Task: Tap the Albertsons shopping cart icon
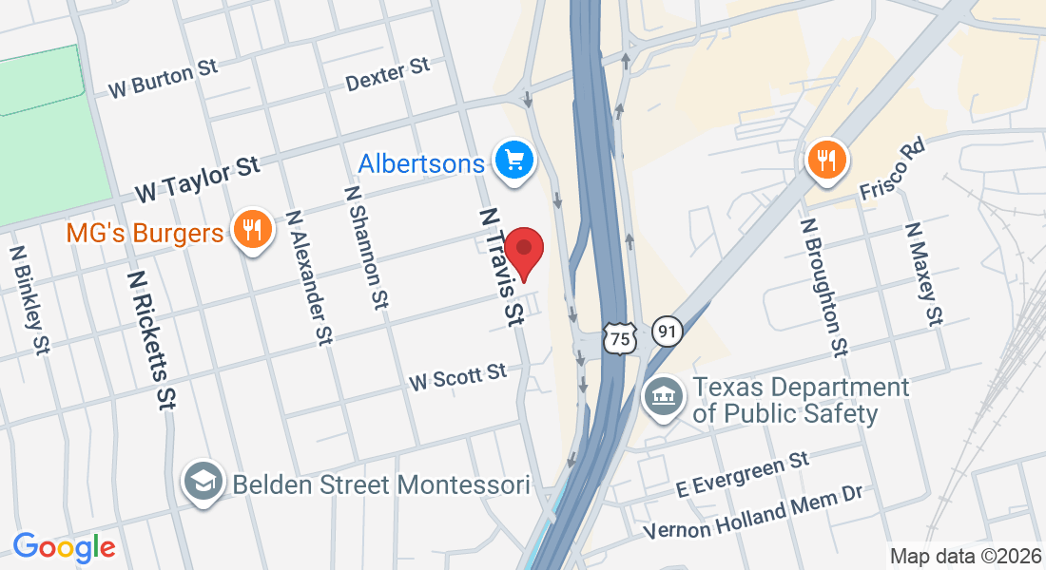click(515, 160)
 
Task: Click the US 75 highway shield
click(620, 337)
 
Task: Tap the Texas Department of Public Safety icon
click(662, 396)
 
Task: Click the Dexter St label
click(388, 75)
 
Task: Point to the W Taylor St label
click(197, 180)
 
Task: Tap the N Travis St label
click(502, 268)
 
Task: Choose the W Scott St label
click(458, 376)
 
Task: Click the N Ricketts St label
click(152, 338)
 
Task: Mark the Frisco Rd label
click(891, 168)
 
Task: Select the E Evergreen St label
click(743, 475)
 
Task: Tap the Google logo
click(64, 547)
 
